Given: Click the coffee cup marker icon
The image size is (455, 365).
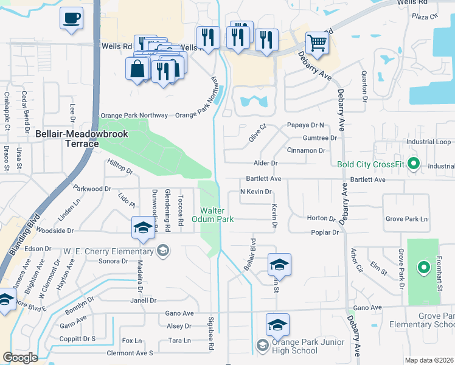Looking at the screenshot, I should click(x=71, y=17).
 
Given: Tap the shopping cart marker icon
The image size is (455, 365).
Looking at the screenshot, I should click(x=316, y=43).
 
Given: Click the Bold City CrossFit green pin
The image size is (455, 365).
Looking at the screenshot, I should click(x=414, y=163).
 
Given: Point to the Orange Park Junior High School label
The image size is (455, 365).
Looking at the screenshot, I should click(x=287, y=346).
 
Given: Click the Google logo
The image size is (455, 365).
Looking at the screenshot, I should click(x=20, y=358).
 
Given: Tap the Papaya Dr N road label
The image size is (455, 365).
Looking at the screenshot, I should click(x=306, y=125).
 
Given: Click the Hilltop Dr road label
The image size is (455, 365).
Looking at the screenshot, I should click(x=120, y=167).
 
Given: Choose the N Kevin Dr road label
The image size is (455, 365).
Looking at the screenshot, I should click(x=255, y=192).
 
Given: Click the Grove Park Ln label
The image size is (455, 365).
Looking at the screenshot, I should click(x=406, y=218).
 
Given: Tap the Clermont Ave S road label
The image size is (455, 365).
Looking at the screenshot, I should click(x=130, y=353).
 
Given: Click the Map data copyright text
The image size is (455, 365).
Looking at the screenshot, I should click(x=428, y=360).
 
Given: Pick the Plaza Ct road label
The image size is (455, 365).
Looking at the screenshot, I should click(x=425, y=16).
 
